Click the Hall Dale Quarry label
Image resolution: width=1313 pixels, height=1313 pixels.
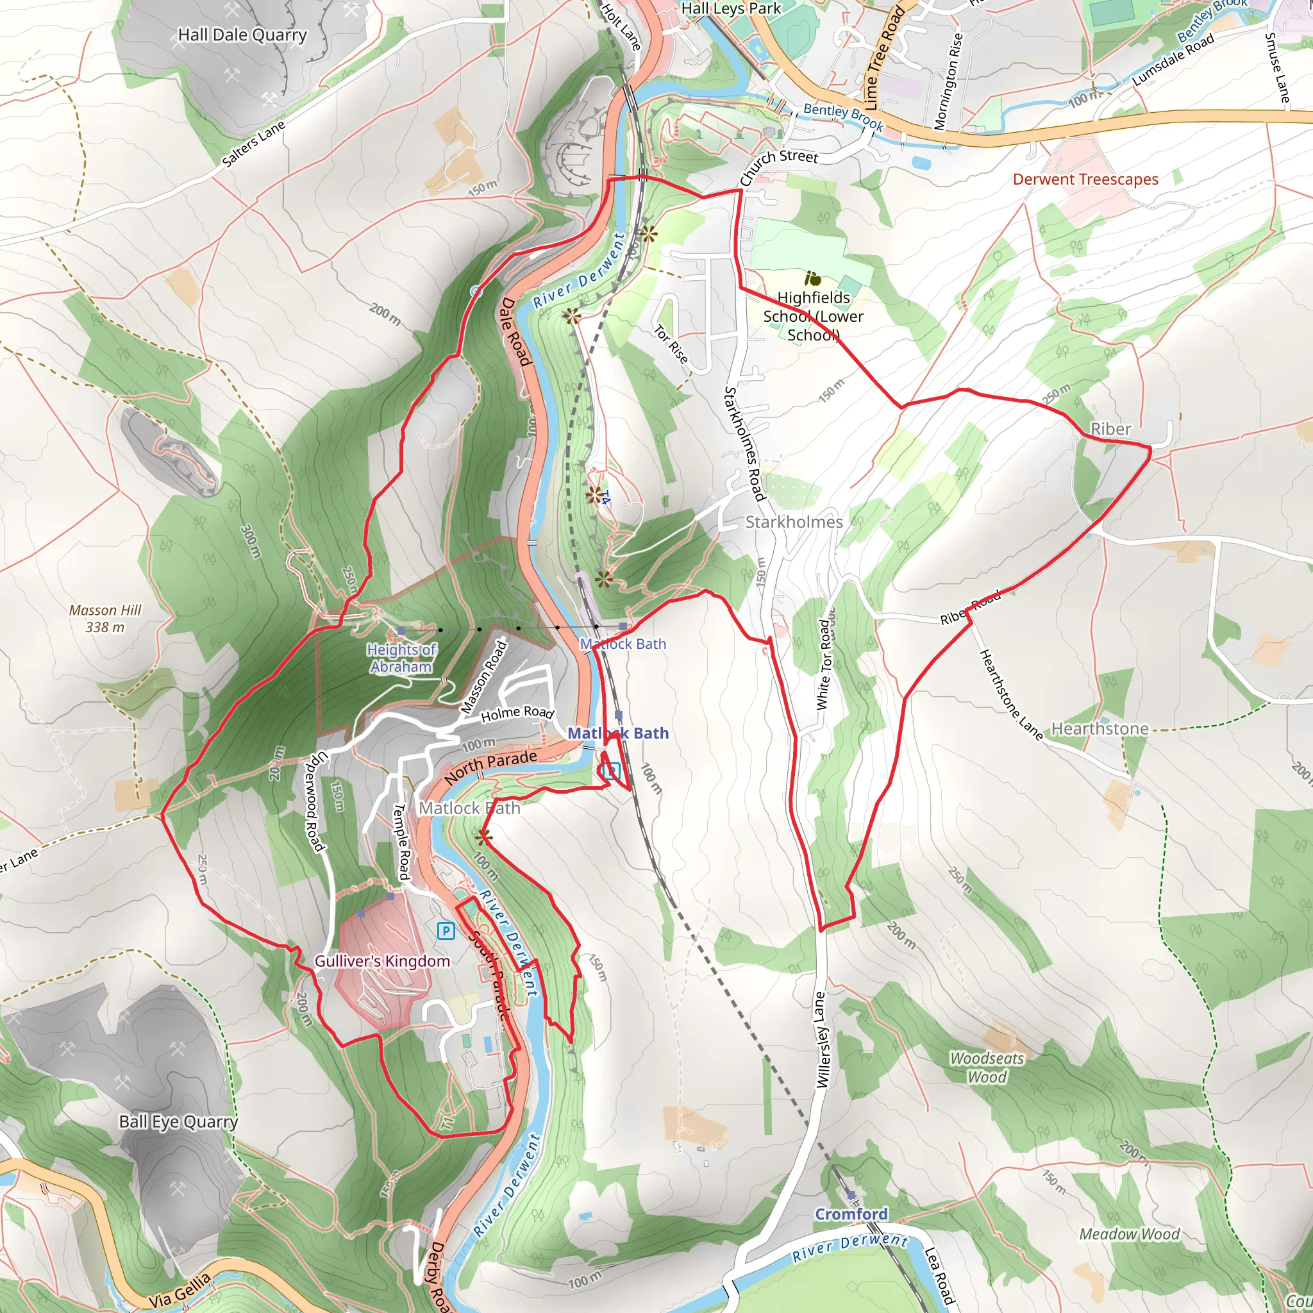click(242, 35)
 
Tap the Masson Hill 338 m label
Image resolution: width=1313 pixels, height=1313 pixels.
click(105, 619)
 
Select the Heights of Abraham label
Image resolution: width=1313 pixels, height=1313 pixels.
click(401, 658)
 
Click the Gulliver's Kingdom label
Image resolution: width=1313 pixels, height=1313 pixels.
click(382, 961)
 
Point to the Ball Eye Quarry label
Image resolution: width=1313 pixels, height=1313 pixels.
click(178, 1122)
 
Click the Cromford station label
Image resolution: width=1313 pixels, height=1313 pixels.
click(851, 1214)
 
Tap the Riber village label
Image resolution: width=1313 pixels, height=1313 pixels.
click(1110, 429)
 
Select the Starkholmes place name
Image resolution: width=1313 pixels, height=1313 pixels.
click(794, 522)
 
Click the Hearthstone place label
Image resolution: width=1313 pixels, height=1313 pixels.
click(1100, 728)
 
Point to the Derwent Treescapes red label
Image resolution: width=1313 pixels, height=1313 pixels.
click(1085, 180)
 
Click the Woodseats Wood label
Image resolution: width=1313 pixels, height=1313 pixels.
click(987, 1067)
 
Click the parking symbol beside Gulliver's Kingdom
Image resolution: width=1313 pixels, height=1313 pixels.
click(446, 930)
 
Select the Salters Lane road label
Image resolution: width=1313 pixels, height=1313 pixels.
click(253, 144)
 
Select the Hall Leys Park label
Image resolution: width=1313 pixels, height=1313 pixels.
click(731, 9)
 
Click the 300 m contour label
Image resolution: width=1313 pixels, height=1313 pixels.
click(250, 542)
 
